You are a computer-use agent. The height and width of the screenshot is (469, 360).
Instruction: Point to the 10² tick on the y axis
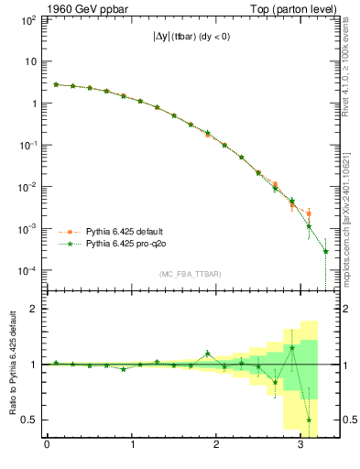click(x=27, y=19)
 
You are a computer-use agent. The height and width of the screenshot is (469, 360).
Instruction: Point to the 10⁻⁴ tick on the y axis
click(x=27, y=270)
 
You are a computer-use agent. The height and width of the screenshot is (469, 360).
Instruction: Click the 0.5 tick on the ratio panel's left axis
click(x=28, y=420)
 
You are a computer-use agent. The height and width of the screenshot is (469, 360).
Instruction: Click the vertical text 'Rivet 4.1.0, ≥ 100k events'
click(x=345, y=74)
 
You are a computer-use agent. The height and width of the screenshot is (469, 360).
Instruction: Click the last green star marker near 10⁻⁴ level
click(x=326, y=251)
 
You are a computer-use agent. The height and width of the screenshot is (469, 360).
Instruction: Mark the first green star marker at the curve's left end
click(x=56, y=84)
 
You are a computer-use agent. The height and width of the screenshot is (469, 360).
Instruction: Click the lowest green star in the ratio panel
click(x=309, y=420)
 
